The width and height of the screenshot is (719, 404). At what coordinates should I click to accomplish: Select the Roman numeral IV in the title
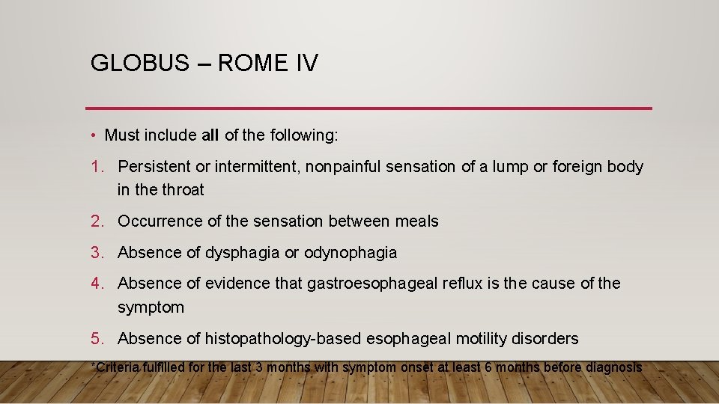[306, 63]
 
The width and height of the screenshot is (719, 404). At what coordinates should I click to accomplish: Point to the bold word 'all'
[210, 135]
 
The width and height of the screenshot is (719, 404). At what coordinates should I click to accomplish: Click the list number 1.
[97, 166]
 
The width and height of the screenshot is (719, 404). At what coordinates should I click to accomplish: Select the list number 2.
[97, 221]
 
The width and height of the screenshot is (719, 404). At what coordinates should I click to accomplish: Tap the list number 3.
[97, 253]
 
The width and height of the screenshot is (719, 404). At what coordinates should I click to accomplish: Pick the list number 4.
[97, 284]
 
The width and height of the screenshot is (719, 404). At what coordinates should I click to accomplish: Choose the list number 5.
[97, 339]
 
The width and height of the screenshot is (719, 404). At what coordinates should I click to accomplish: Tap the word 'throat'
[181, 190]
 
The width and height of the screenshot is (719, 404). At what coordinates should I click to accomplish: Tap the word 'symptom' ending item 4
[151, 307]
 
